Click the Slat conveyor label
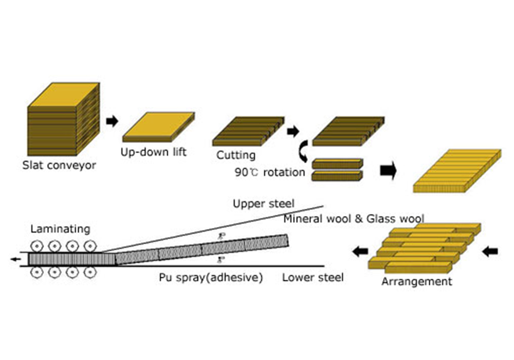59,166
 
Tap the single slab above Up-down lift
158,128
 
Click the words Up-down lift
153,152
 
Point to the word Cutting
235,155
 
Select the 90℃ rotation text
270,172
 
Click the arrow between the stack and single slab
112,122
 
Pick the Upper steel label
264,204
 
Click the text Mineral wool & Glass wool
354,219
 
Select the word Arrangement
417,281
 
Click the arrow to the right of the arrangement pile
491,251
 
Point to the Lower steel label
313,278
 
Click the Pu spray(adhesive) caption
211,278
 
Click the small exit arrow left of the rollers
16,259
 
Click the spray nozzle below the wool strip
220,259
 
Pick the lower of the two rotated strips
337,176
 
